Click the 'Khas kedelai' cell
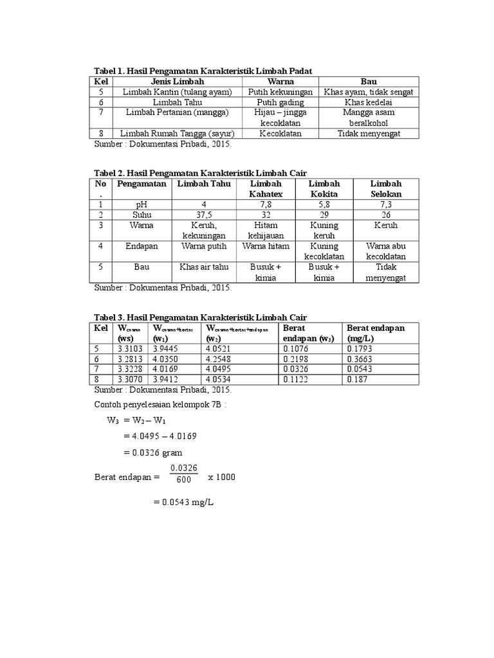[368, 102]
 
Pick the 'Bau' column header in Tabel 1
[368, 82]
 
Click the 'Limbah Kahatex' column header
[266, 189]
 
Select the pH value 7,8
[266, 204]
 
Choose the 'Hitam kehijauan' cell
[266, 231]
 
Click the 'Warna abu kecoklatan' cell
[386, 251]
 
